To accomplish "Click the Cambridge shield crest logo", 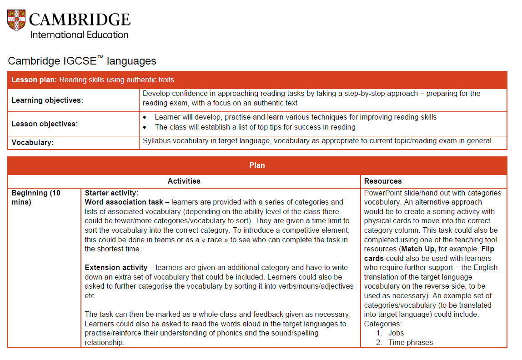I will [17, 21].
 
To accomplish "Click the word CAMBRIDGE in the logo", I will [80, 20].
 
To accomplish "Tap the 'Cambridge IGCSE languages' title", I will [82, 61].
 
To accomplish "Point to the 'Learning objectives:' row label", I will [47, 100].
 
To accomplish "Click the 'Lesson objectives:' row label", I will [45, 124].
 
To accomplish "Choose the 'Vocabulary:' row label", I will [33, 143].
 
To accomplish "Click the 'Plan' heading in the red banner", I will [257, 165].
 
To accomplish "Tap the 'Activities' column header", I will [184, 181].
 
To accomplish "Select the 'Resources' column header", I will [383, 181].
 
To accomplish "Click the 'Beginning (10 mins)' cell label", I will [36, 197].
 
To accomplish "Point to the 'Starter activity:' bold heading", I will [111, 193].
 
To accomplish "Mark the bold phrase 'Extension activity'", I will [116, 267].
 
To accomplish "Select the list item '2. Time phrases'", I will [405, 342].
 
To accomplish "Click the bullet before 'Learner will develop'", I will [145, 117].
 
